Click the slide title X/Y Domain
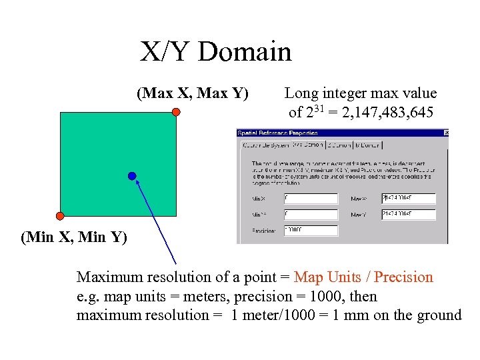click(215, 52)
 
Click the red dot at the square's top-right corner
click(176, 112)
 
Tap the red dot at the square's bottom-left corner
click(60, 215)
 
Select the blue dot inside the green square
click(132, 176)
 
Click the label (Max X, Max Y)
click(193, 93)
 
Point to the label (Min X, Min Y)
click(74, 237)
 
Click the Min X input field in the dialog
click(311, 199)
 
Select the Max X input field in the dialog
click(408, 199)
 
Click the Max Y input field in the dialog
click(408, 215)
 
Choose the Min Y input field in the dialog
click(311, 215)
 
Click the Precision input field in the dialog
click(311, 230)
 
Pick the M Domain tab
click(368, 145)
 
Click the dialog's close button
click(445, 133)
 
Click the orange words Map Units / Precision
click(363, 277)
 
